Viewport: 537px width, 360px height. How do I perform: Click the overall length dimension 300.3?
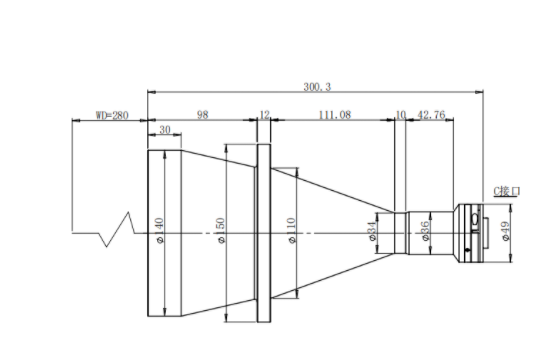pyautogui.click(x=317, y=87)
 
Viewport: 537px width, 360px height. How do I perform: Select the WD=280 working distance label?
pyautogui.click(x=112, y=115)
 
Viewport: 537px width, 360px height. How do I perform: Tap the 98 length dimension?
pyautogui.click(x=202, y=114)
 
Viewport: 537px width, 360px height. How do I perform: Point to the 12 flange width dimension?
pyautogui.click(x=264, y=114)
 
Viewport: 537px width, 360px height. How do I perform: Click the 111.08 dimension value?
pyautogui.click(x=335, y=114)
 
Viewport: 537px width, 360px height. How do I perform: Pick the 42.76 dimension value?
pyautogui.click(x=432, y=114)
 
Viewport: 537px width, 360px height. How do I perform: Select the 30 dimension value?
pyautogui.click(x=165, y=130)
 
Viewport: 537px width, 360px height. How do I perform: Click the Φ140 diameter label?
pyautogui.click(x=160, y=231)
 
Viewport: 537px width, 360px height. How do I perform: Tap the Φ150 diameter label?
pyautogui.click(x=221, y=231)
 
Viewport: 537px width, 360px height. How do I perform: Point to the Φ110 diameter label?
pyautogui.click(x=292, y=231)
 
